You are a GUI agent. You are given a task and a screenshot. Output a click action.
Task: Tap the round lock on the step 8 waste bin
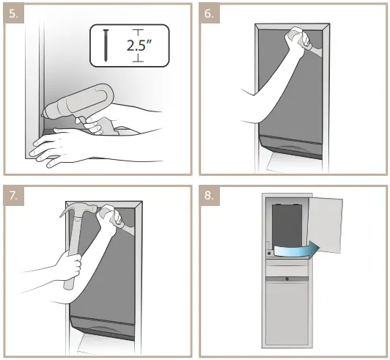click(284, 279)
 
